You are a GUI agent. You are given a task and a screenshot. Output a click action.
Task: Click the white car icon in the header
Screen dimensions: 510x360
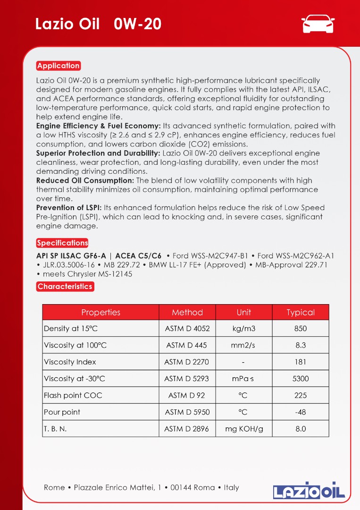click(x=318, y=23)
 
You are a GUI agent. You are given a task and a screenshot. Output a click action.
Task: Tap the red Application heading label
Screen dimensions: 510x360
click(x=59, y=66)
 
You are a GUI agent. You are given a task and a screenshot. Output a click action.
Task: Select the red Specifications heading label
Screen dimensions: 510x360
click(x=62, y=243)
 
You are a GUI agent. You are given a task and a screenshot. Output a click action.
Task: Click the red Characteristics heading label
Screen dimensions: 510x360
click(x=65, y=286)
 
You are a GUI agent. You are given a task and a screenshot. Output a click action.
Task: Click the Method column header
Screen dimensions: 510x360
click(x=187, y=312)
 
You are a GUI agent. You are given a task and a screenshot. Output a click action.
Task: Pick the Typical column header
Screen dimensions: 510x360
click(x=301, y=312)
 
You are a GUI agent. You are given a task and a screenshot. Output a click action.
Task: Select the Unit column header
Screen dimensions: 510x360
click(x=244, y=312)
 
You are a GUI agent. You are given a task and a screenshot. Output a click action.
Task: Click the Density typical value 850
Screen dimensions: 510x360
click(x=301, y=329)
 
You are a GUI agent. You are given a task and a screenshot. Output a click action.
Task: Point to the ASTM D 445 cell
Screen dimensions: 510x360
click(x=187, y=345)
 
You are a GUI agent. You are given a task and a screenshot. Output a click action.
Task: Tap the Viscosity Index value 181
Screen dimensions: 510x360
click(x=301, y=362)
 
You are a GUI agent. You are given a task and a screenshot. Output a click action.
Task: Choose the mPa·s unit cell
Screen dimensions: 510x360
click(x=243, y=379)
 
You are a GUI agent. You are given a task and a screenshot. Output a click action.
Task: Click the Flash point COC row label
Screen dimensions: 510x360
click(x=73, y=395)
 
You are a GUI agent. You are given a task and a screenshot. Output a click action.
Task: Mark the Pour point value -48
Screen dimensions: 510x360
click(x=301, y=412)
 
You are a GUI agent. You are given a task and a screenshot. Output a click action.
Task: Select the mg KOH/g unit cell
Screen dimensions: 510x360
click(x=244, y=429)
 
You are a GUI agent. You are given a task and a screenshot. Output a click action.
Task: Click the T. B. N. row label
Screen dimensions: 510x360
click(x=55, y=429)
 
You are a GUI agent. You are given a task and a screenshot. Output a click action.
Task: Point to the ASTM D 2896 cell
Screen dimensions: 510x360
click(x=187, y=429)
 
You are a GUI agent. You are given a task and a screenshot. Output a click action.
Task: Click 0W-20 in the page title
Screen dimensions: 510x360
click(x=138, y=24)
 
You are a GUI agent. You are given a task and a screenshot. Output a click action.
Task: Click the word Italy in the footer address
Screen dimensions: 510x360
click(x=231, y=487)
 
